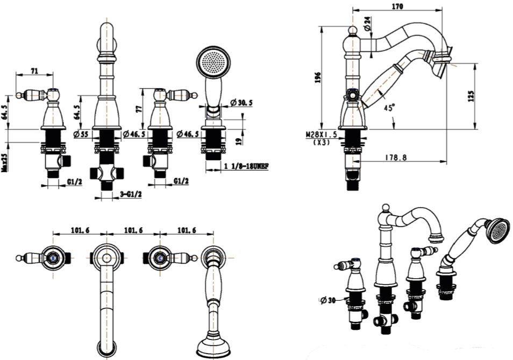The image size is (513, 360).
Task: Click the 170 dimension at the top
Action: click(398, 6)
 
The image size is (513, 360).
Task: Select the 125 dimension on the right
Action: click(471, 96)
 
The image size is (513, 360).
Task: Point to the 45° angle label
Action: click(390, 107)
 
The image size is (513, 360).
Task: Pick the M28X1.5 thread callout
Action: click(322, 134)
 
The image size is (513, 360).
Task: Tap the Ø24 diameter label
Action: click(367, 23)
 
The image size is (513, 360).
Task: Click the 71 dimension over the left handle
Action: click(35, 70)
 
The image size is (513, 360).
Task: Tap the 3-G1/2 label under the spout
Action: click(130, 194)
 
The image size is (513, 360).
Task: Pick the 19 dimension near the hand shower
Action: click(238, 142)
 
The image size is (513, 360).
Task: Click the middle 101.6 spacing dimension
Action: click(133, 230)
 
